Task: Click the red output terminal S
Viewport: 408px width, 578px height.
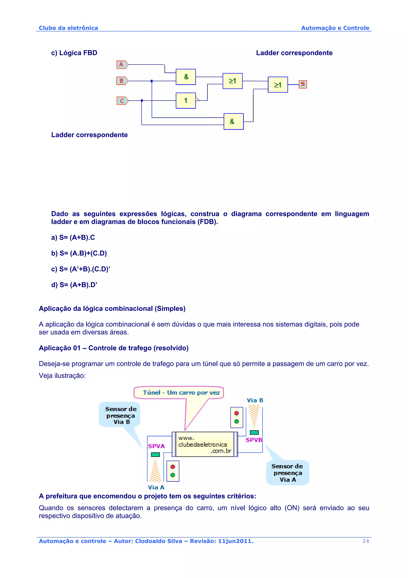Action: (x=303, y=84)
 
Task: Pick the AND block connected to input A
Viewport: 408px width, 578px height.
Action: (x=186, y=77)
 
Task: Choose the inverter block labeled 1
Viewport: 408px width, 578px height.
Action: (x=186, y=101)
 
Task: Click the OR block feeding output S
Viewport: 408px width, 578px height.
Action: (x=278, y=85)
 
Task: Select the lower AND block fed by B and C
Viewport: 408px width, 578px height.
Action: (x=233, y=122)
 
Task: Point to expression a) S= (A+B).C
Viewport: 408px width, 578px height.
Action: (x=73, y=237)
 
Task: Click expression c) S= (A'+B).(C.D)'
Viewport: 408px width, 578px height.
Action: (x=81, y=269)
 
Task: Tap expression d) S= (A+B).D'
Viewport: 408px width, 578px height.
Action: (x=74, y=285)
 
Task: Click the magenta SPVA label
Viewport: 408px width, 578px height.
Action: (x=156, y=446)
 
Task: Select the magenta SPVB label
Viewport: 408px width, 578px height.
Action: (x=254, y=440)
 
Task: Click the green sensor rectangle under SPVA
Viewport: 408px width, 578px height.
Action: (x=155, y=454)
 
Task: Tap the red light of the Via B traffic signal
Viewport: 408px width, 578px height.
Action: (x=236, y=413)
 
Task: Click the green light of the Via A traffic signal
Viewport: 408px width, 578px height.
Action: (x=173, y=475)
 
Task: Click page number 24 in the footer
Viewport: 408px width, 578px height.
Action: (x=366, y=541)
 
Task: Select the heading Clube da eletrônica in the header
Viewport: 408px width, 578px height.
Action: (x=68, y=28)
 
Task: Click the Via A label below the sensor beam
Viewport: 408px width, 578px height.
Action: (x=156, y=487)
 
